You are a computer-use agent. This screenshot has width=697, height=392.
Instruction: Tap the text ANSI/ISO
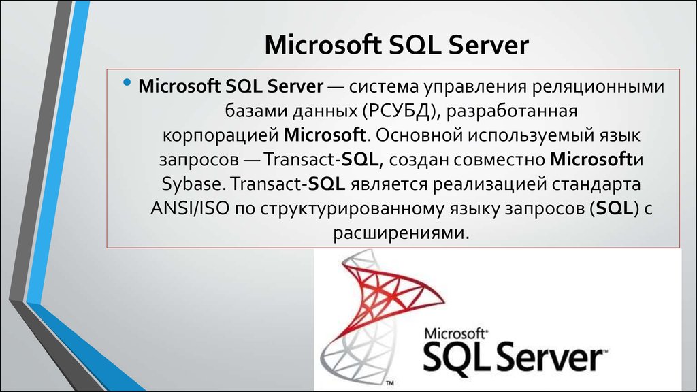189,207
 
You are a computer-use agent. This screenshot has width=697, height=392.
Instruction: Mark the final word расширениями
401,231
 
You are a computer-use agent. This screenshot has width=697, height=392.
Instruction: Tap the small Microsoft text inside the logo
455,333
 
